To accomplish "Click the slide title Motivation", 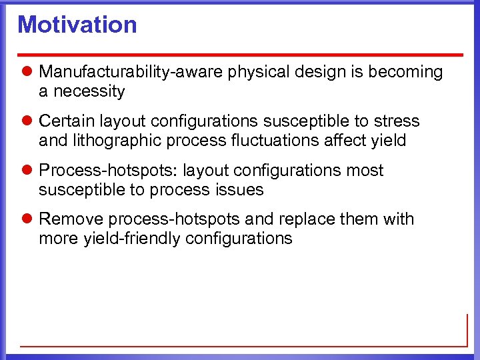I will (77, 25).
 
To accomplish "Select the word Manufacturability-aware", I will (131, 72).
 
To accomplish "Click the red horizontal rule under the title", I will (240, 54).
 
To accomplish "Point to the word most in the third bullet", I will (365, 171).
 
